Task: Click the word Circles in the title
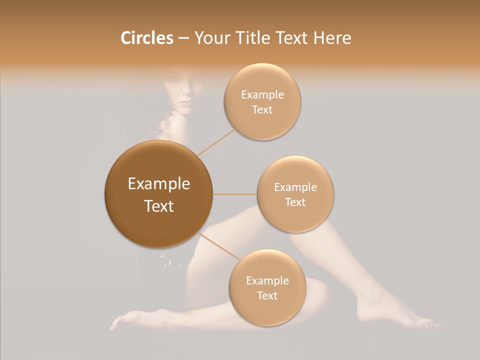tap(146, 38)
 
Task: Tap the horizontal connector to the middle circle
tap(235, 194)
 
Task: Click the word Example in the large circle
tap(159, 184)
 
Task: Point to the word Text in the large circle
tap(159, 206)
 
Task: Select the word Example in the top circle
tap(262, 95)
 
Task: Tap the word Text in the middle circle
tap(295, 202)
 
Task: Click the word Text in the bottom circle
tap(267, 296)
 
